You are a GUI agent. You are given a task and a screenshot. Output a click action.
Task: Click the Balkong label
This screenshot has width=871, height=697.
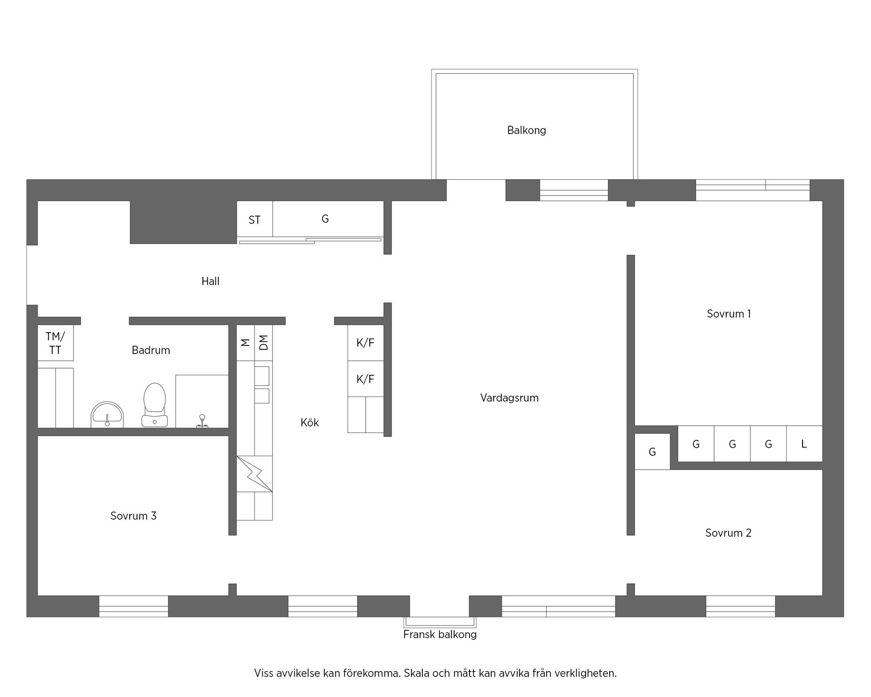(x=526, y=130)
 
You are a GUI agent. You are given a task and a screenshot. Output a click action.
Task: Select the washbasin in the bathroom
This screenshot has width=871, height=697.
(x=108, y=414)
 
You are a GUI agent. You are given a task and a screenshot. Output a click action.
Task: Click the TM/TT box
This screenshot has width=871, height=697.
(x=55, y=343)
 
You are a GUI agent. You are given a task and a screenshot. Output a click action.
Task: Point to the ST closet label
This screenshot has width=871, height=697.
(x=254, y=220)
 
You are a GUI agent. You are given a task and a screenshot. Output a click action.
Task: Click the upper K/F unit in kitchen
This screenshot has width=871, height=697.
(x=365, y=343)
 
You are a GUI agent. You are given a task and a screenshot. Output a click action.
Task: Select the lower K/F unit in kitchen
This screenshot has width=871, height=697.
(x=365, y=379)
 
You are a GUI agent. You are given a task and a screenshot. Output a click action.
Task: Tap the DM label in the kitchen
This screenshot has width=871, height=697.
(x=264, y=343)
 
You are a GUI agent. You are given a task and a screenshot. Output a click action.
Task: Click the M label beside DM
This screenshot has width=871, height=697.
(x=245, y=343)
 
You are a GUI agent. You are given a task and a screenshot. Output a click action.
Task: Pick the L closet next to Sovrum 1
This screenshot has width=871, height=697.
(x=804, y=444)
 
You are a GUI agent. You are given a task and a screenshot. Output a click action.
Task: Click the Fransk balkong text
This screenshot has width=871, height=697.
(x=440, y=634)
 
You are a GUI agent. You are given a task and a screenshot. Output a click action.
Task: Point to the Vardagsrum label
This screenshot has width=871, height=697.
(x=509, y=398)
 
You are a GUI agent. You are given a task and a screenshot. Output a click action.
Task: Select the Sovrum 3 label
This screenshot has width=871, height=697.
(x=133, y=516)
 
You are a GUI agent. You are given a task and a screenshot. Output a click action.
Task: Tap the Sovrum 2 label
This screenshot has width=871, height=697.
(x=728, y=533)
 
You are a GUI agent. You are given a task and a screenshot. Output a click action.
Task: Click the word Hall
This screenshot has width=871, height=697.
(x=210, y=281)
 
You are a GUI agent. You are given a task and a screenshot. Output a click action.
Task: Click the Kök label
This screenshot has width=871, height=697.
(x=309, y=423)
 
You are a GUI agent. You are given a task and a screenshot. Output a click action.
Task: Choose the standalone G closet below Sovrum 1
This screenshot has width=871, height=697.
(x=652, y=452)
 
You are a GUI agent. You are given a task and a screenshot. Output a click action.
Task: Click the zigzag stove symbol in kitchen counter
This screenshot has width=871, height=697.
(x=254, y=474)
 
